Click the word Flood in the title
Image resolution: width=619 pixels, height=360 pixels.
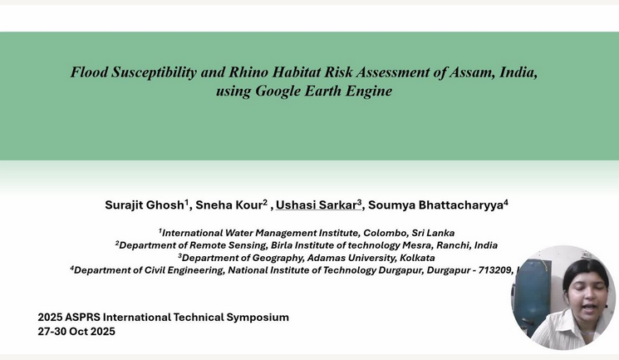coord(89,72)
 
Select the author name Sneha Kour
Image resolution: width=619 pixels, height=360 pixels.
coord(228,205)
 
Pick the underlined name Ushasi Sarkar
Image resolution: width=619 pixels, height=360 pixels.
coord(316,205)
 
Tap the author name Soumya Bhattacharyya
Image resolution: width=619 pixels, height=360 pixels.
coord(435,205)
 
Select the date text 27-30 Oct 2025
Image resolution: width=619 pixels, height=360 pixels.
coord(76,332)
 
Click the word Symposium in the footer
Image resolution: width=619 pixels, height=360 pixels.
coord(255,318)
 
